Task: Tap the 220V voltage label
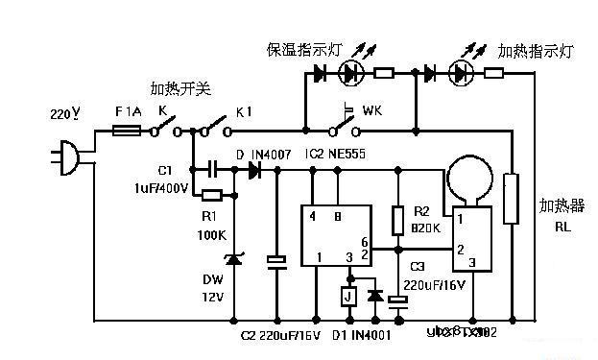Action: point(64,114)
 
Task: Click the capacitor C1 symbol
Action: point(213,169)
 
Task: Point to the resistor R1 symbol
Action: point(213,196)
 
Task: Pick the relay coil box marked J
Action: point(348,296)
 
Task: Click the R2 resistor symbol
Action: point(396,221)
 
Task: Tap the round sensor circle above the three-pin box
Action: point(469,180)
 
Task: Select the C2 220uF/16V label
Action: point(280,334)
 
